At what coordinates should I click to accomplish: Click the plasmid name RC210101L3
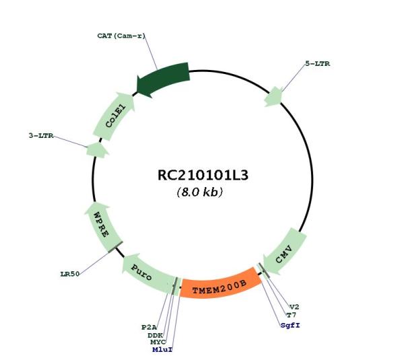coord(203,176)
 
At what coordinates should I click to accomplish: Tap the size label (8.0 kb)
coord(200,192)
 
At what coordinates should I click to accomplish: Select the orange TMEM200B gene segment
coord(220,284)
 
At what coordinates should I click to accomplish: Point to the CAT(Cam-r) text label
coord(121,36)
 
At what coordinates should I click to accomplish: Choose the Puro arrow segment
coord(147,274)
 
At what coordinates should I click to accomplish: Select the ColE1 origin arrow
coord(114,116)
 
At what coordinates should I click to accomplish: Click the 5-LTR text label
coord(317,64)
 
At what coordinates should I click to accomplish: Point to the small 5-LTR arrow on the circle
coord(273,97)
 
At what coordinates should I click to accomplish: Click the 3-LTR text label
coord(41,136)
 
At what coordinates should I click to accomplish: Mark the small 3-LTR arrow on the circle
coord(97,150)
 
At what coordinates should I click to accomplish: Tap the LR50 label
coord(70,274)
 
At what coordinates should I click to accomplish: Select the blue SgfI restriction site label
coord(290,326)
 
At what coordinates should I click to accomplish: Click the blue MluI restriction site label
coord(162,350)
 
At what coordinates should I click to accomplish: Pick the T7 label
coord(292,315)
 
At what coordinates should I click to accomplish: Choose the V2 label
coord(294,307)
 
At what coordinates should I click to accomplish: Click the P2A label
coord(149,328)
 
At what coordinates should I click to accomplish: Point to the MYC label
coord(158,343)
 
